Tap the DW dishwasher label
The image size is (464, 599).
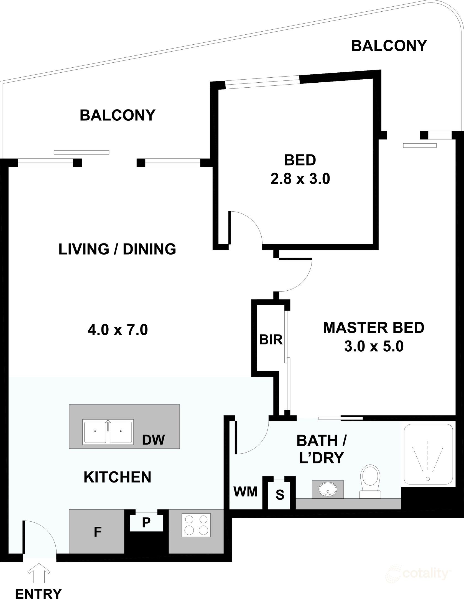[153, 439]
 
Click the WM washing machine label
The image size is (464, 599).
[246, 492]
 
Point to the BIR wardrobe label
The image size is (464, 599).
[271, 340]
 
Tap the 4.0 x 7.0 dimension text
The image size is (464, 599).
[118, 330]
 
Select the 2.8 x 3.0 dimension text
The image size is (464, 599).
[300, 179]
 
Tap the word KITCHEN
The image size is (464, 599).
[118, 477]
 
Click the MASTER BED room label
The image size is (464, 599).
[374, 328]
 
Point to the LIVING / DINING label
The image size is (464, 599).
[117, 249]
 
